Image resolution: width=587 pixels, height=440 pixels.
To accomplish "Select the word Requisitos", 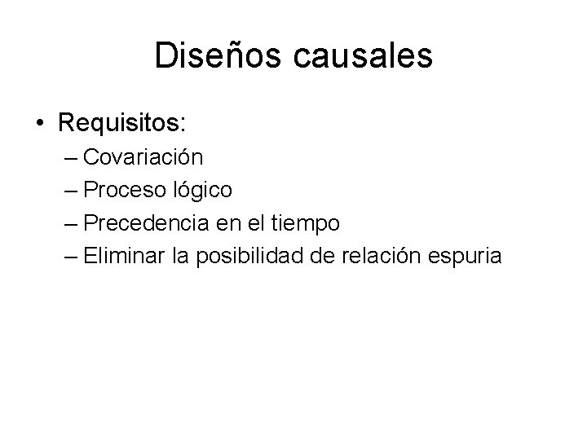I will [122, 123].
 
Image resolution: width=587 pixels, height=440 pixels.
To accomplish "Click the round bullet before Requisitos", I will [40, 124].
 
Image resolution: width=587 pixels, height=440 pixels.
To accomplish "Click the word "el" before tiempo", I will [254, 223].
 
